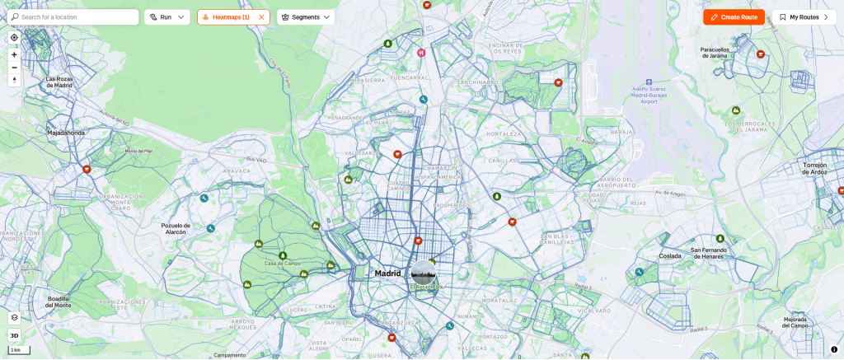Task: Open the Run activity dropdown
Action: [x=167, y=16]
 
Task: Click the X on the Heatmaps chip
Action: [x=261, y=16]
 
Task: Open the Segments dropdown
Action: [x=306, y=16]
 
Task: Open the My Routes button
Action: [x=804, y=16]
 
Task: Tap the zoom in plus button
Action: [x=14, y=54]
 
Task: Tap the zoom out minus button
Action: [x=14, y=68]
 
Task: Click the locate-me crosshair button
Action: [x=14, y=38]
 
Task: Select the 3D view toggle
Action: [x=14, y=335]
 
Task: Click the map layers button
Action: [x=14, y=317]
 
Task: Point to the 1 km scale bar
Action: [x=18, y=350]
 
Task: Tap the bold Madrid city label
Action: [x=387, y=273]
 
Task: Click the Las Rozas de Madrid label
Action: [x=59, y=82]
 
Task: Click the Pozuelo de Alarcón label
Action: [x=175, y=228]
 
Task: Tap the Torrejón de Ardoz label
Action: [x=820, y=168]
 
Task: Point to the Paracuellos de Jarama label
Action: [x=715, y=52]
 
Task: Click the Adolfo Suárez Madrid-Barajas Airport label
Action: [x=648, y=91]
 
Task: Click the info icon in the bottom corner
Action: [x=834, y=349]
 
